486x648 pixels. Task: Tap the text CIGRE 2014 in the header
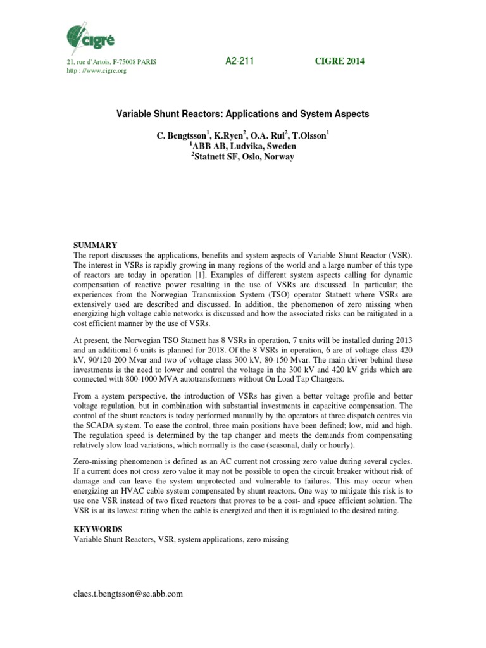(x=340, y=61)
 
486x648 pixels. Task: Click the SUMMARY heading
(x=96, y=244)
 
